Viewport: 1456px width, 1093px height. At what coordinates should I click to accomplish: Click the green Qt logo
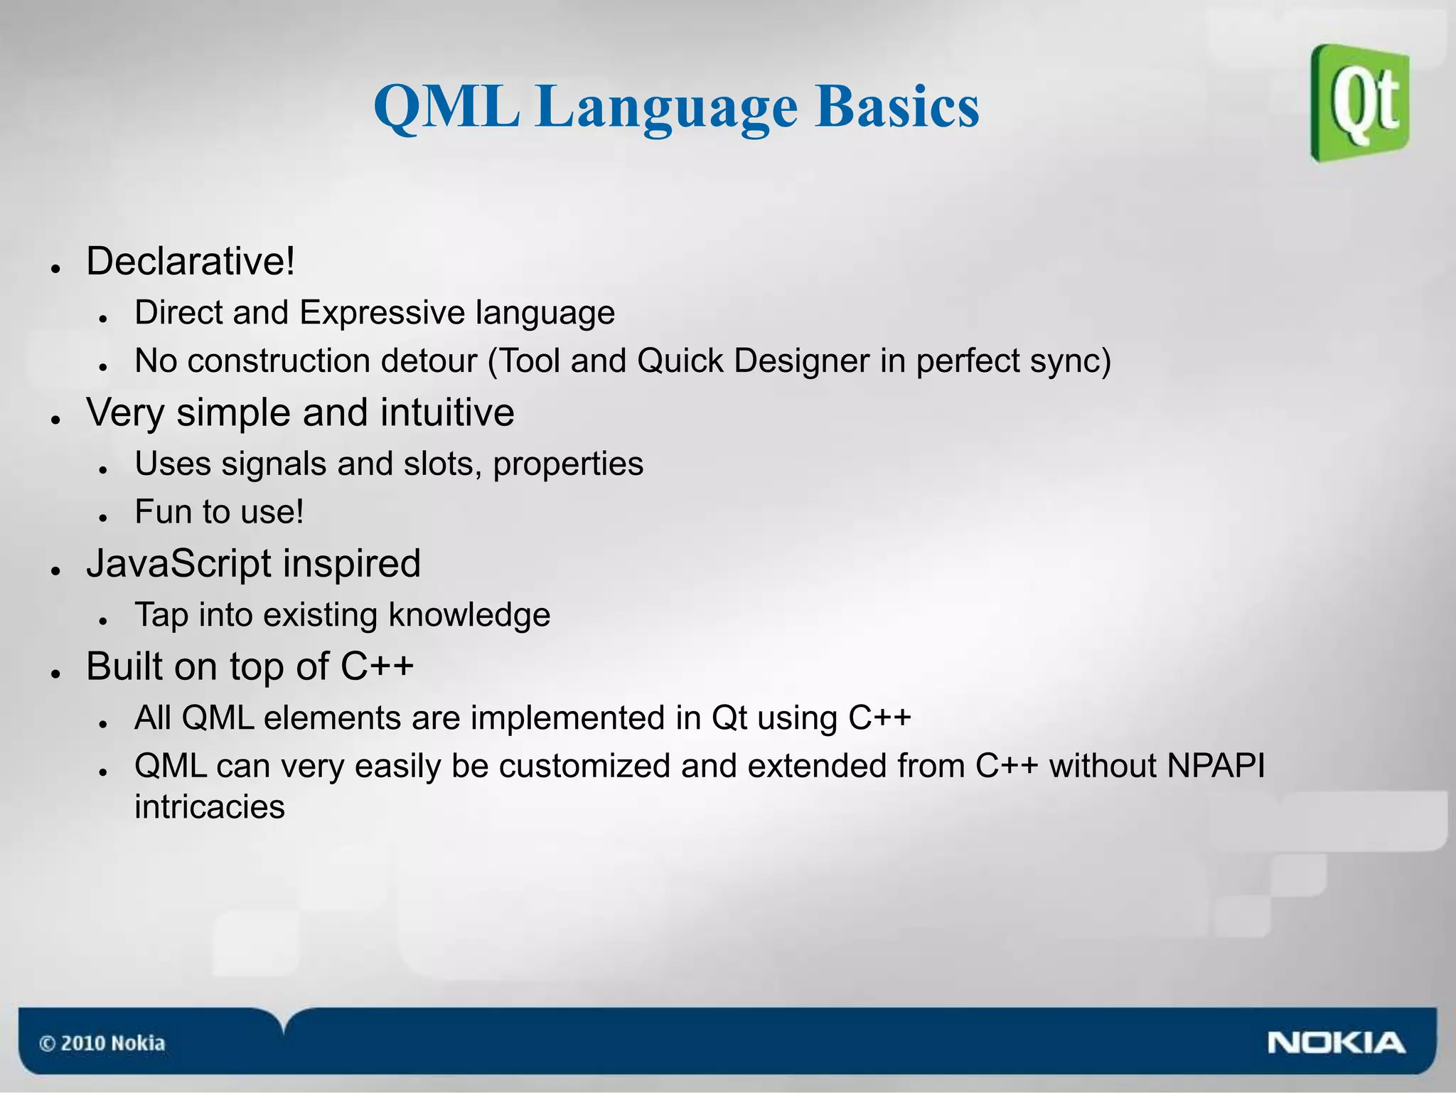(1359, 103)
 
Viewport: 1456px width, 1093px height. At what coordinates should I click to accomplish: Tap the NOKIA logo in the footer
(1335, 1043)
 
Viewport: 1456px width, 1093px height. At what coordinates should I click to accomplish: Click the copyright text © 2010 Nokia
(102, 1043)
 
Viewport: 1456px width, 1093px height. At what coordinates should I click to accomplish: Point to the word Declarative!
(190, 261)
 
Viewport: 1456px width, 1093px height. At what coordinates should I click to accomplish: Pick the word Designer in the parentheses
(801, 361)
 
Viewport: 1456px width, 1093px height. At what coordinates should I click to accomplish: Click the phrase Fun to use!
(219, 512)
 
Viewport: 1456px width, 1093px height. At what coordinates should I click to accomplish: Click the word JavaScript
(179, 564)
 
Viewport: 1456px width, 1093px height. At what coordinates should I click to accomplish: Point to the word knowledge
(469, 615)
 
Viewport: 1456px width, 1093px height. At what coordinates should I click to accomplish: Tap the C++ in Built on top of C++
(377, 666)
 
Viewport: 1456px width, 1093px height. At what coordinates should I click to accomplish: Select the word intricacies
(210, 807)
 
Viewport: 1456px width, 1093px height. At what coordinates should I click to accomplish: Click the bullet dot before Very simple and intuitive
(55, 420)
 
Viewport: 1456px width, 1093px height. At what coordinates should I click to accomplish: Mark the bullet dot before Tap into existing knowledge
(104, 621)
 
